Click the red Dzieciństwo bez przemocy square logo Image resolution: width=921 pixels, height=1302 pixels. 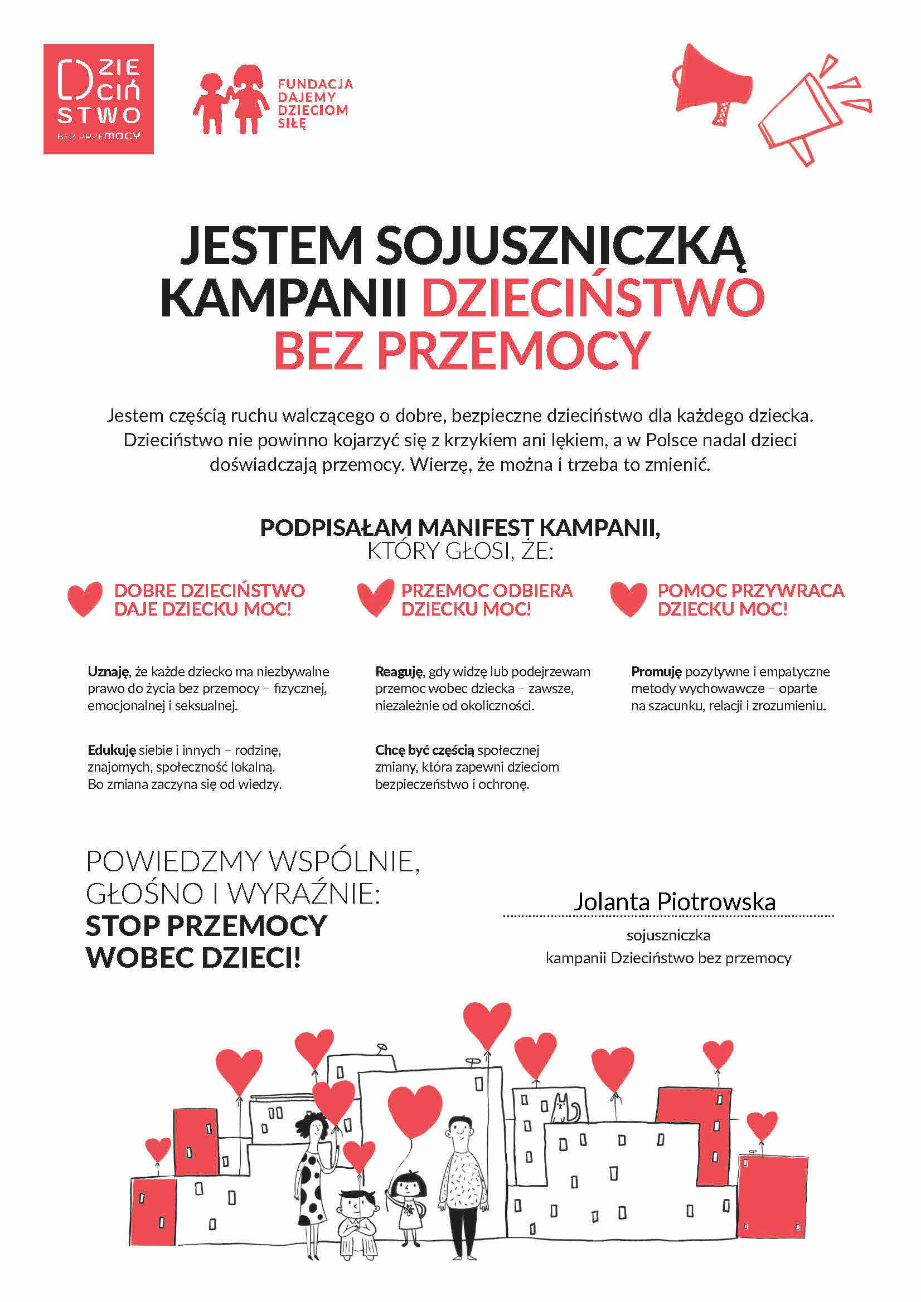[98, 99]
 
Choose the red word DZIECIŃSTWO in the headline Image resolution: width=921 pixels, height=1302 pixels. [593, 297]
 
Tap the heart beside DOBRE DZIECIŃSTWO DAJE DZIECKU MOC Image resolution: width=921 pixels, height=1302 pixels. [85, 599]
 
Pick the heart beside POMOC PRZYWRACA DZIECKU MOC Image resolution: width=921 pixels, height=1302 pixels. [628, 599]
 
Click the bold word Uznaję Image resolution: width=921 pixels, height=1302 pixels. [108, 672]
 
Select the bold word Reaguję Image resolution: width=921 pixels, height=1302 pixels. [399, 672]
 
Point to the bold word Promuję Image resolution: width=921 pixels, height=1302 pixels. [656, 672]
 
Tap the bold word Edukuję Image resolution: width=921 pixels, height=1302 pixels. [112, 750]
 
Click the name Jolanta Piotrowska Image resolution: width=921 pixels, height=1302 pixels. [674, 901]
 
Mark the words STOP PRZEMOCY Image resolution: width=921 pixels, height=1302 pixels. [206, 925]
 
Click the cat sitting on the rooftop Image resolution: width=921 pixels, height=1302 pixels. [564, 1109]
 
